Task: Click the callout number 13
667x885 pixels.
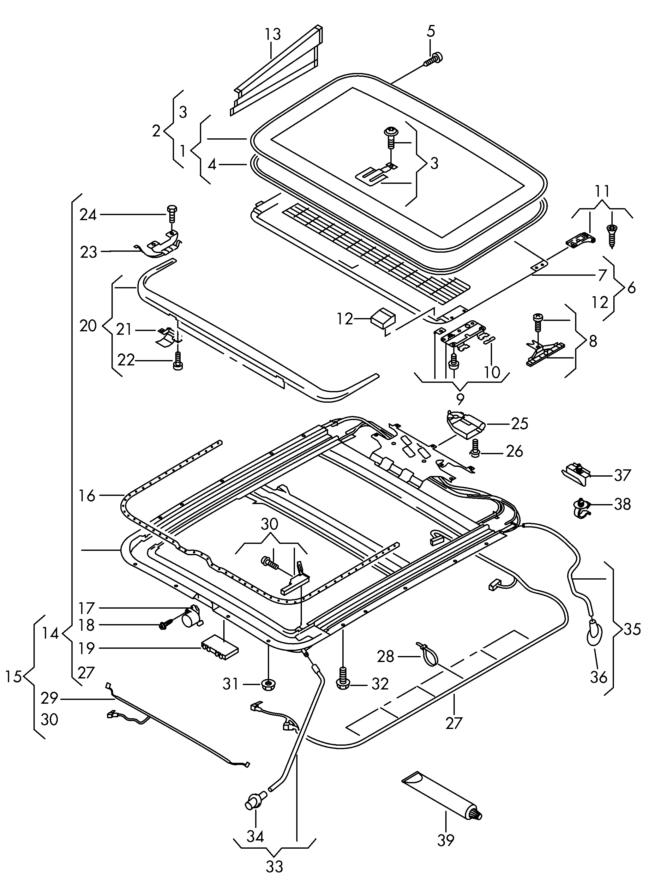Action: tap(273, 34)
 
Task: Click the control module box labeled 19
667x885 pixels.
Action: tap(220, 649)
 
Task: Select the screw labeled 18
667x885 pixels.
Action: tap(168, 625)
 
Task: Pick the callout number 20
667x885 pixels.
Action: tap(88, 326)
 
